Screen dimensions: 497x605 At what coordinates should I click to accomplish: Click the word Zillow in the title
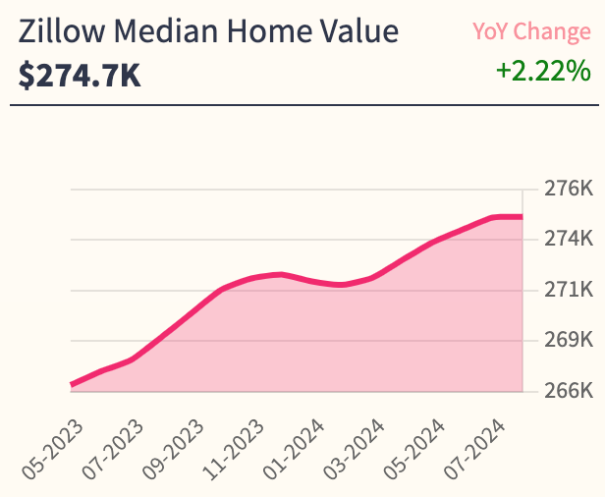click(58, 32)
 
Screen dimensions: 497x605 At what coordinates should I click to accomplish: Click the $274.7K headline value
click(80, 75)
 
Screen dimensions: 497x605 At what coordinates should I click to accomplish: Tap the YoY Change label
click(531, 31)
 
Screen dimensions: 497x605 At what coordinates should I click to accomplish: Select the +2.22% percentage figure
click(543, 71)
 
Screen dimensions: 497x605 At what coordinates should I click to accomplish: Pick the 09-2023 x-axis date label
click(175, 447)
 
